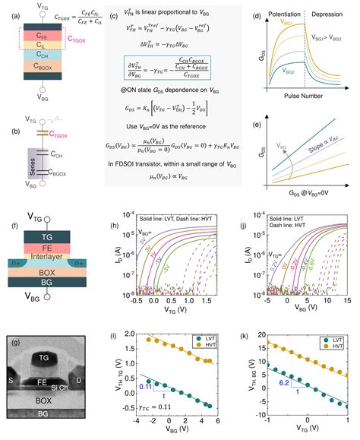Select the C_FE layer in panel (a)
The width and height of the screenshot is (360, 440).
pyautogui.click(x=46, y=36)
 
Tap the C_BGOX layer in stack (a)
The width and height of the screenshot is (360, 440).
pyautogui.click(x=46, y=67)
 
